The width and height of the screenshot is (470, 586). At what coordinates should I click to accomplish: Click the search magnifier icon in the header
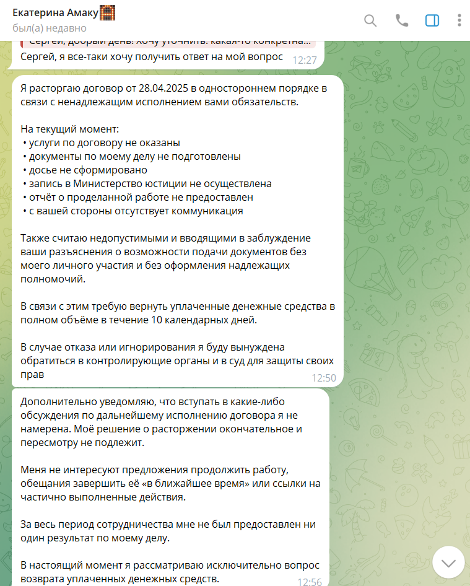coord(370,20)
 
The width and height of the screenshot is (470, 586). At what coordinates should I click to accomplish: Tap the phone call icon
coord(402,20)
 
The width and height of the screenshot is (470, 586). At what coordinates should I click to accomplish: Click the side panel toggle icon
coord(432,20)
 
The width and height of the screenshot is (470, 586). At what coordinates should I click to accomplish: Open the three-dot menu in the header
coord(459,20)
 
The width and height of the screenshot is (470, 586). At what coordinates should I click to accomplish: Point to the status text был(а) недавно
coord(50,28)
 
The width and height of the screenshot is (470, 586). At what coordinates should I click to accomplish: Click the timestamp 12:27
coord(305,60)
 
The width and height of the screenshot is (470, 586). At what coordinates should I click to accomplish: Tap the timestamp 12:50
coord(323,377)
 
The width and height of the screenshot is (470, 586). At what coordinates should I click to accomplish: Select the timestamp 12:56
coord(310,582)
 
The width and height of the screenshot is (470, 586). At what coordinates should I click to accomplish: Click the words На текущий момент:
coord(69,129)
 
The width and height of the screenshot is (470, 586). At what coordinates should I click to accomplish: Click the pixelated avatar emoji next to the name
coord(108,12)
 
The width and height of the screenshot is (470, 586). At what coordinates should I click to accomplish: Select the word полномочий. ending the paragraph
coord(53,279)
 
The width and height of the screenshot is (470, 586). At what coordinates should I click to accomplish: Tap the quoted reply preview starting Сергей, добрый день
coord(167,43)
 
